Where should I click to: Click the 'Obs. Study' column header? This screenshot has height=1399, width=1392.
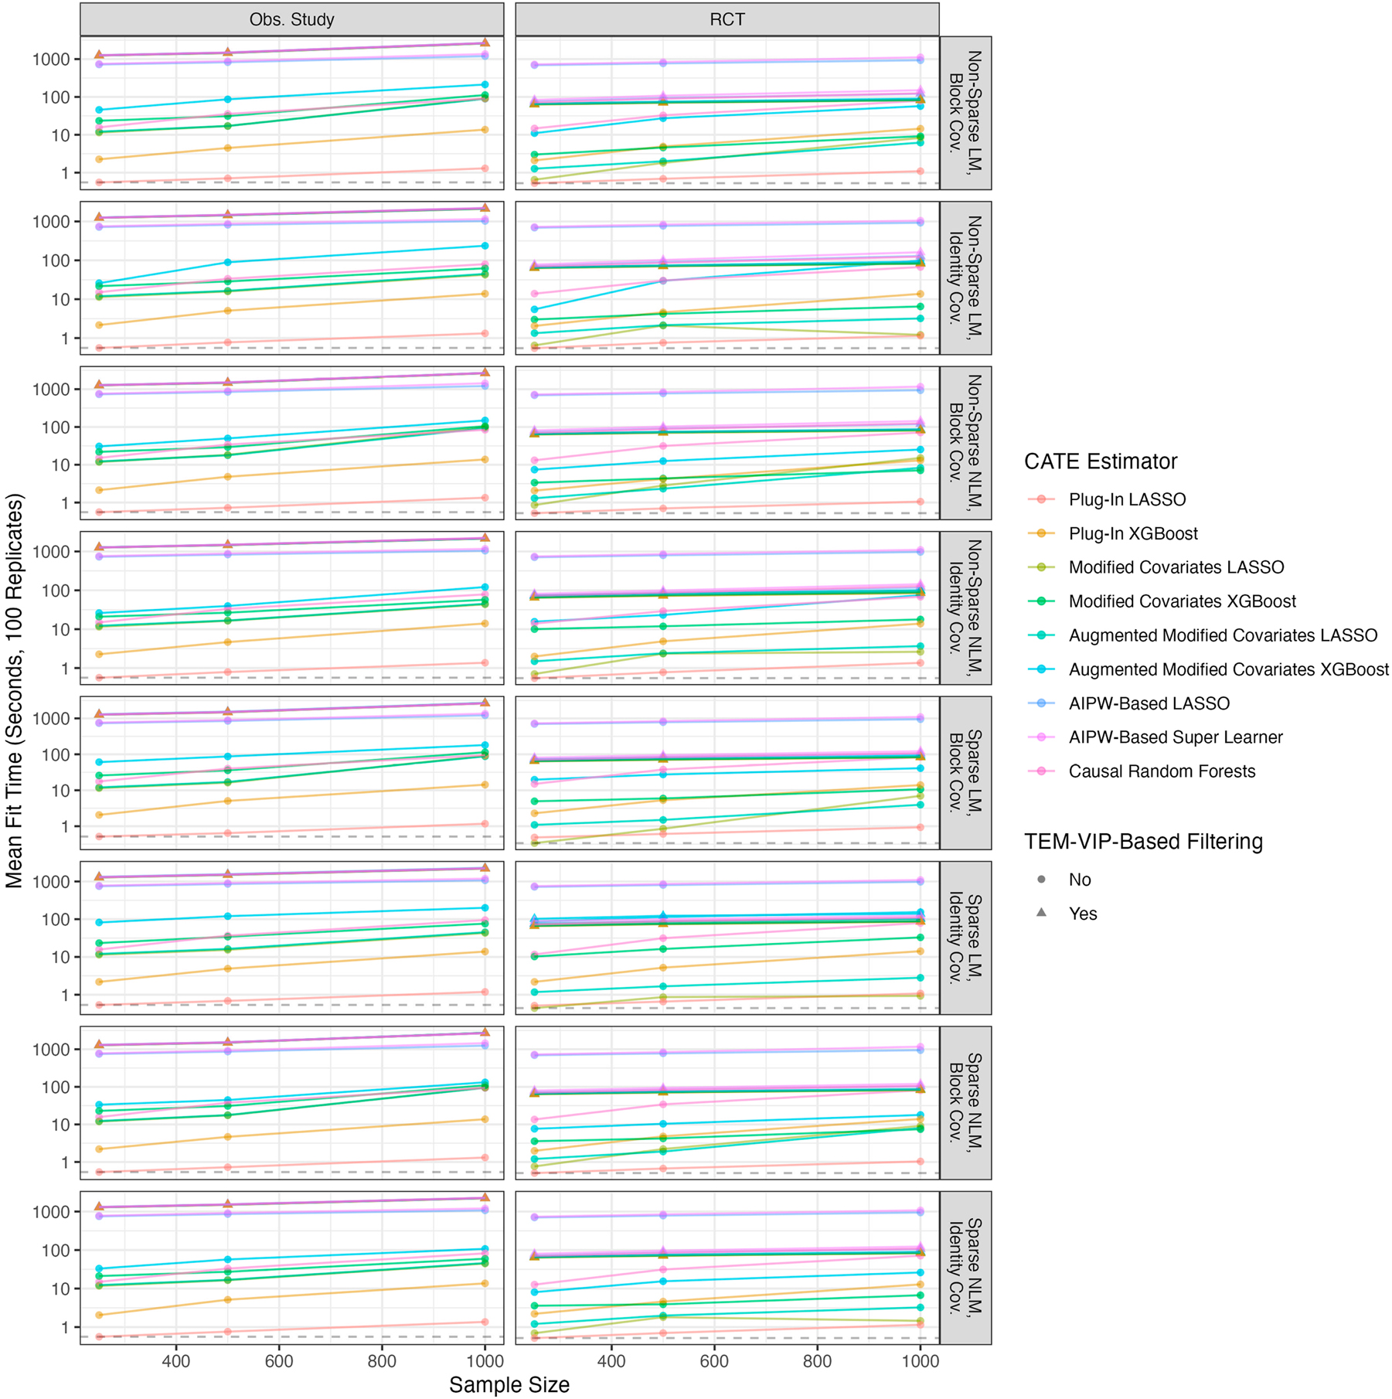tap(291, 20)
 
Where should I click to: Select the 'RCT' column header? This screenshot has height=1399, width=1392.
tap(727, 20)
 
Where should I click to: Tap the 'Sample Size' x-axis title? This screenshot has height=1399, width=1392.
tap(509, 1384)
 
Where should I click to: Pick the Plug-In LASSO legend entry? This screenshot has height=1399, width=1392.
tap(1126, 499)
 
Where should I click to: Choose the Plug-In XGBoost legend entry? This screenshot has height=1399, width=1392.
tap(1132, 533)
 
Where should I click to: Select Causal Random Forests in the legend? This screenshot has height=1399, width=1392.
tap(1161, 771)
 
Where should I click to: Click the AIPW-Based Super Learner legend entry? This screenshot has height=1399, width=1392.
tap(1175, 737)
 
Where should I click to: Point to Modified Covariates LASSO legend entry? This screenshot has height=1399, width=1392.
tap(1176, 567)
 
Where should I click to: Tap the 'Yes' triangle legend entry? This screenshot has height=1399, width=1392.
tap(1082, 914)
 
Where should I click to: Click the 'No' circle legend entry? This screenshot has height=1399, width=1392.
tap(1079, 880)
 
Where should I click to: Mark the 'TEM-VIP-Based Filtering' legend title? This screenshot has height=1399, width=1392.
tap(1142, 842)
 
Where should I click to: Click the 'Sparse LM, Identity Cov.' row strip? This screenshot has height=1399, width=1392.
tap(965, 938)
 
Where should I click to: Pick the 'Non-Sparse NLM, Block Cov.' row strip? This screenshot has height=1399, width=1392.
tap(965, 442)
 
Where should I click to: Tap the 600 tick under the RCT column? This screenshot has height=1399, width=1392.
tap(713, 1360)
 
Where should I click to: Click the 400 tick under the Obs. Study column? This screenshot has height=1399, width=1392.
tap(176, 1360)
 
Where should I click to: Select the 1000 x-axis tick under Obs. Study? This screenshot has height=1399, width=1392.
tap(484, 1360)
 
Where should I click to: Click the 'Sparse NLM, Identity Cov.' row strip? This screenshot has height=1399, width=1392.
tap(965, 1268)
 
